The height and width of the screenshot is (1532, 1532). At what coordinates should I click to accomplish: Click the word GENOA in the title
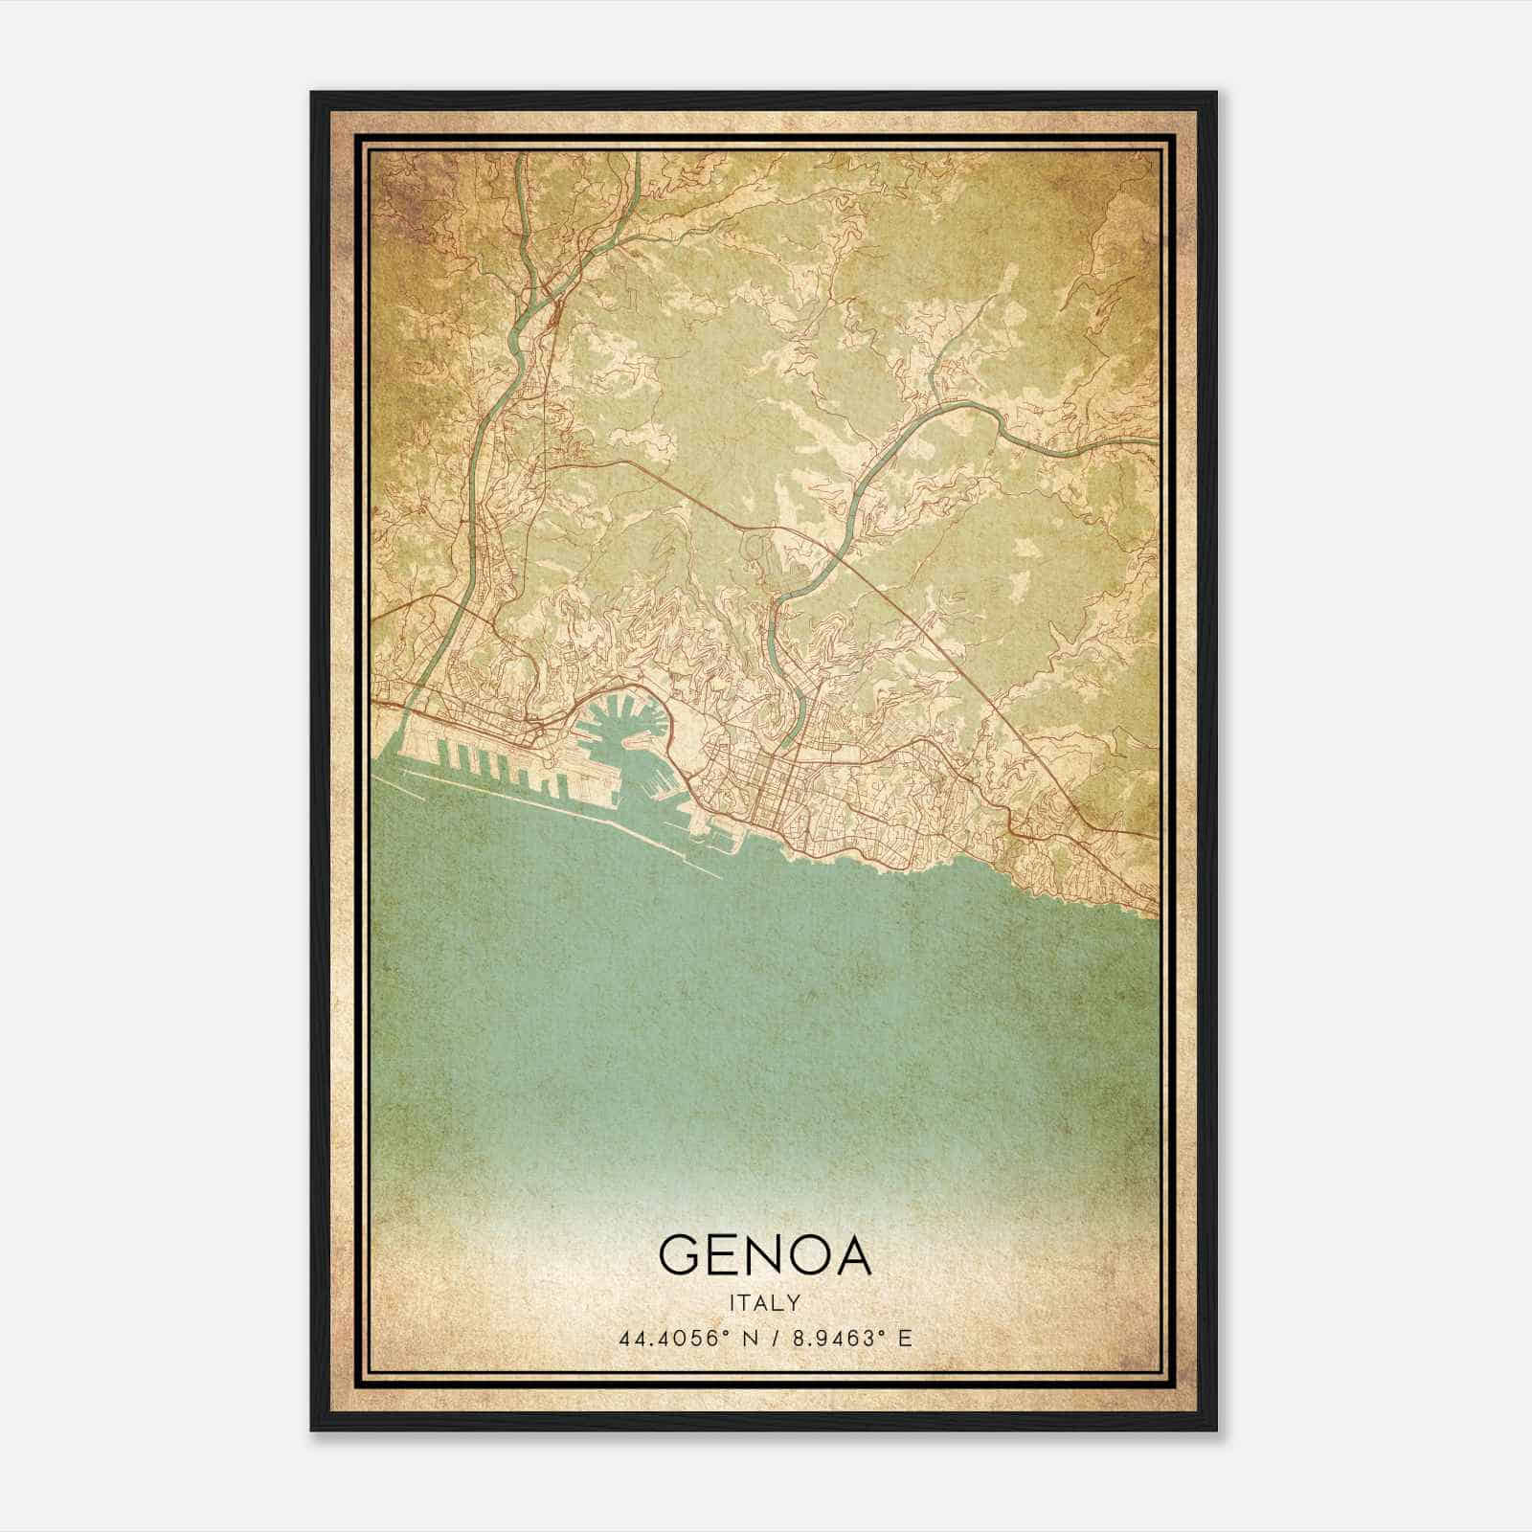(x=765, y=1255)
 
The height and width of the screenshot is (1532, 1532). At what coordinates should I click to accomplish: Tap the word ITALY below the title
(x=765, y=1303)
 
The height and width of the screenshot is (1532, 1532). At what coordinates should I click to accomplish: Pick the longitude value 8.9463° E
(x=848, y=1338)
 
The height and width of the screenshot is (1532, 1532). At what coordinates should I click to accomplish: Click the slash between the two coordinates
(x=769, y=1338)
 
